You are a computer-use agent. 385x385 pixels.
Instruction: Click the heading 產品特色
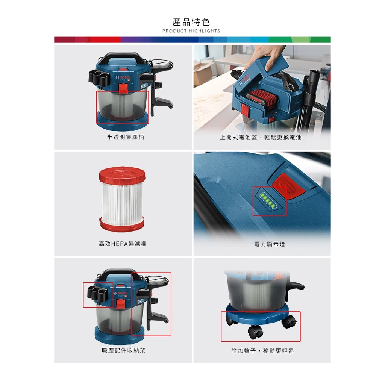pos(191,22)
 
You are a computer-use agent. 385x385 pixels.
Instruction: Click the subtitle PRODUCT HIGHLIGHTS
pos(191,31)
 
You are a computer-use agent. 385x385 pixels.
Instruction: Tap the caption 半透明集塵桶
pos(125,138)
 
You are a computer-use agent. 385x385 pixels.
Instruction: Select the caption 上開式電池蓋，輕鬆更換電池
pos(261,138)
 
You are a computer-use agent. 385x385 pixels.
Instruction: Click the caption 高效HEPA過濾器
pos(123,244)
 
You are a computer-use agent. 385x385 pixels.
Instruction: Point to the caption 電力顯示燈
pos(270,244)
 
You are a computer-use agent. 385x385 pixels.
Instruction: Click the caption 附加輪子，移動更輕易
pos(262,351)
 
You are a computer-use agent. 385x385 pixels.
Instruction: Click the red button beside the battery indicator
pos(288,185)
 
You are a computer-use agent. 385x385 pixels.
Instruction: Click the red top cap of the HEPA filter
pos(122,175)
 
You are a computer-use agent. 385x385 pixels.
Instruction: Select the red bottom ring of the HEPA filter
pos(122,224)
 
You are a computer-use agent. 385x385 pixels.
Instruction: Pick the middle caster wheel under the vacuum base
pos(255,332)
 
